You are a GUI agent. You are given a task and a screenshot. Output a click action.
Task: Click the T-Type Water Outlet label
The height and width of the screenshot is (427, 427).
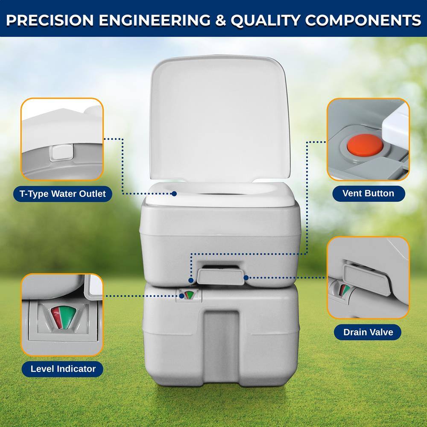point(62,194)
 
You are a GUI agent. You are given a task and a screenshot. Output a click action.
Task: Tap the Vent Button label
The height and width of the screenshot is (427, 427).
point(368,193)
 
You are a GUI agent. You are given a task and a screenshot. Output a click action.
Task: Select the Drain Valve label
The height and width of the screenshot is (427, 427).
point(368,332)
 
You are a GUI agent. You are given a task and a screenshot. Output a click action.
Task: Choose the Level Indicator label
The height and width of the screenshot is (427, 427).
point(63,369)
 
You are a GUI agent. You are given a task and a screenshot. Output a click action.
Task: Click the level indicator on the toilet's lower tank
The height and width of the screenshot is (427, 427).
point(188,295)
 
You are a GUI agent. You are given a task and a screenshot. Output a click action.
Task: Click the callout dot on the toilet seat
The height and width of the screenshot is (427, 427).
point(174,193)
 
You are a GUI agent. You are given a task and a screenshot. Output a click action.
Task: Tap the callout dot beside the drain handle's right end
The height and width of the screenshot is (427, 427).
point(246,278)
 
